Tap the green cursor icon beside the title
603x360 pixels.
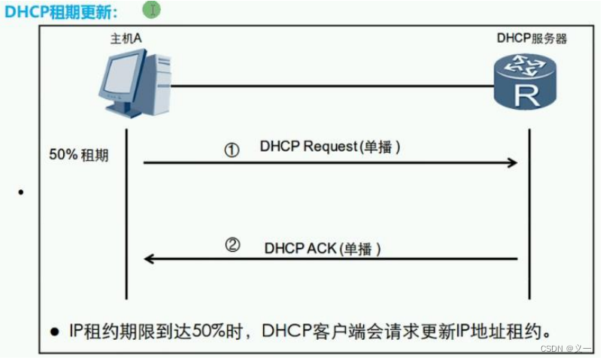point(152,10)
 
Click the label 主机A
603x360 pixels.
point(126,38)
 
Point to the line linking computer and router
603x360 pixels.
point(331,86)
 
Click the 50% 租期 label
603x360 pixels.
point(78,156)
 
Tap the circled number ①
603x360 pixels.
point(232,150)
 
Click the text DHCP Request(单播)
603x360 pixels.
point(330,147)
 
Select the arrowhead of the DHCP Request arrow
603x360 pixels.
point(513,162)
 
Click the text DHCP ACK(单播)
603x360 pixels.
point(323,247)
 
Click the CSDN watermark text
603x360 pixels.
point(557,349)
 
